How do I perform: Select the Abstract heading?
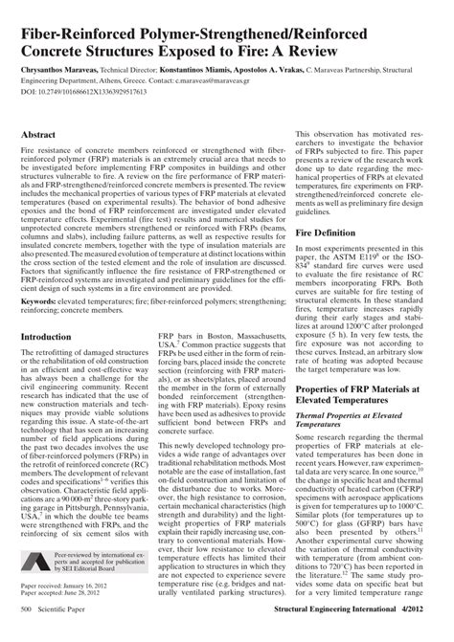(x=40, y=137)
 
